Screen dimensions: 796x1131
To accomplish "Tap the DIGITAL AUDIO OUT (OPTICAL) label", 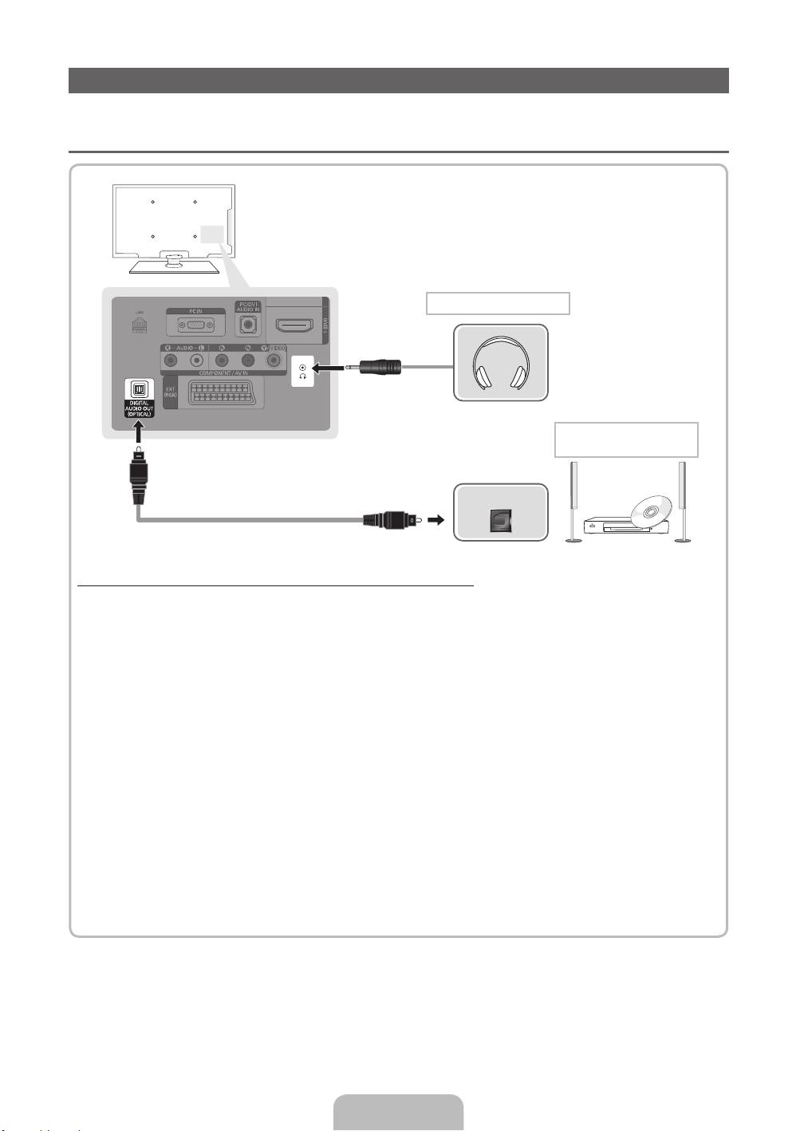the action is (x=138, y=408).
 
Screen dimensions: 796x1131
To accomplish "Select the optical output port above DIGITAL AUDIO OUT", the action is (x=138, y=389).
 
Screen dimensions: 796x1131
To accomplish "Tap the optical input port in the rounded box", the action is (x=502, y=520).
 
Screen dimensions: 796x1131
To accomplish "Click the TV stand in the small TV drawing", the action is (x=174, y=264).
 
